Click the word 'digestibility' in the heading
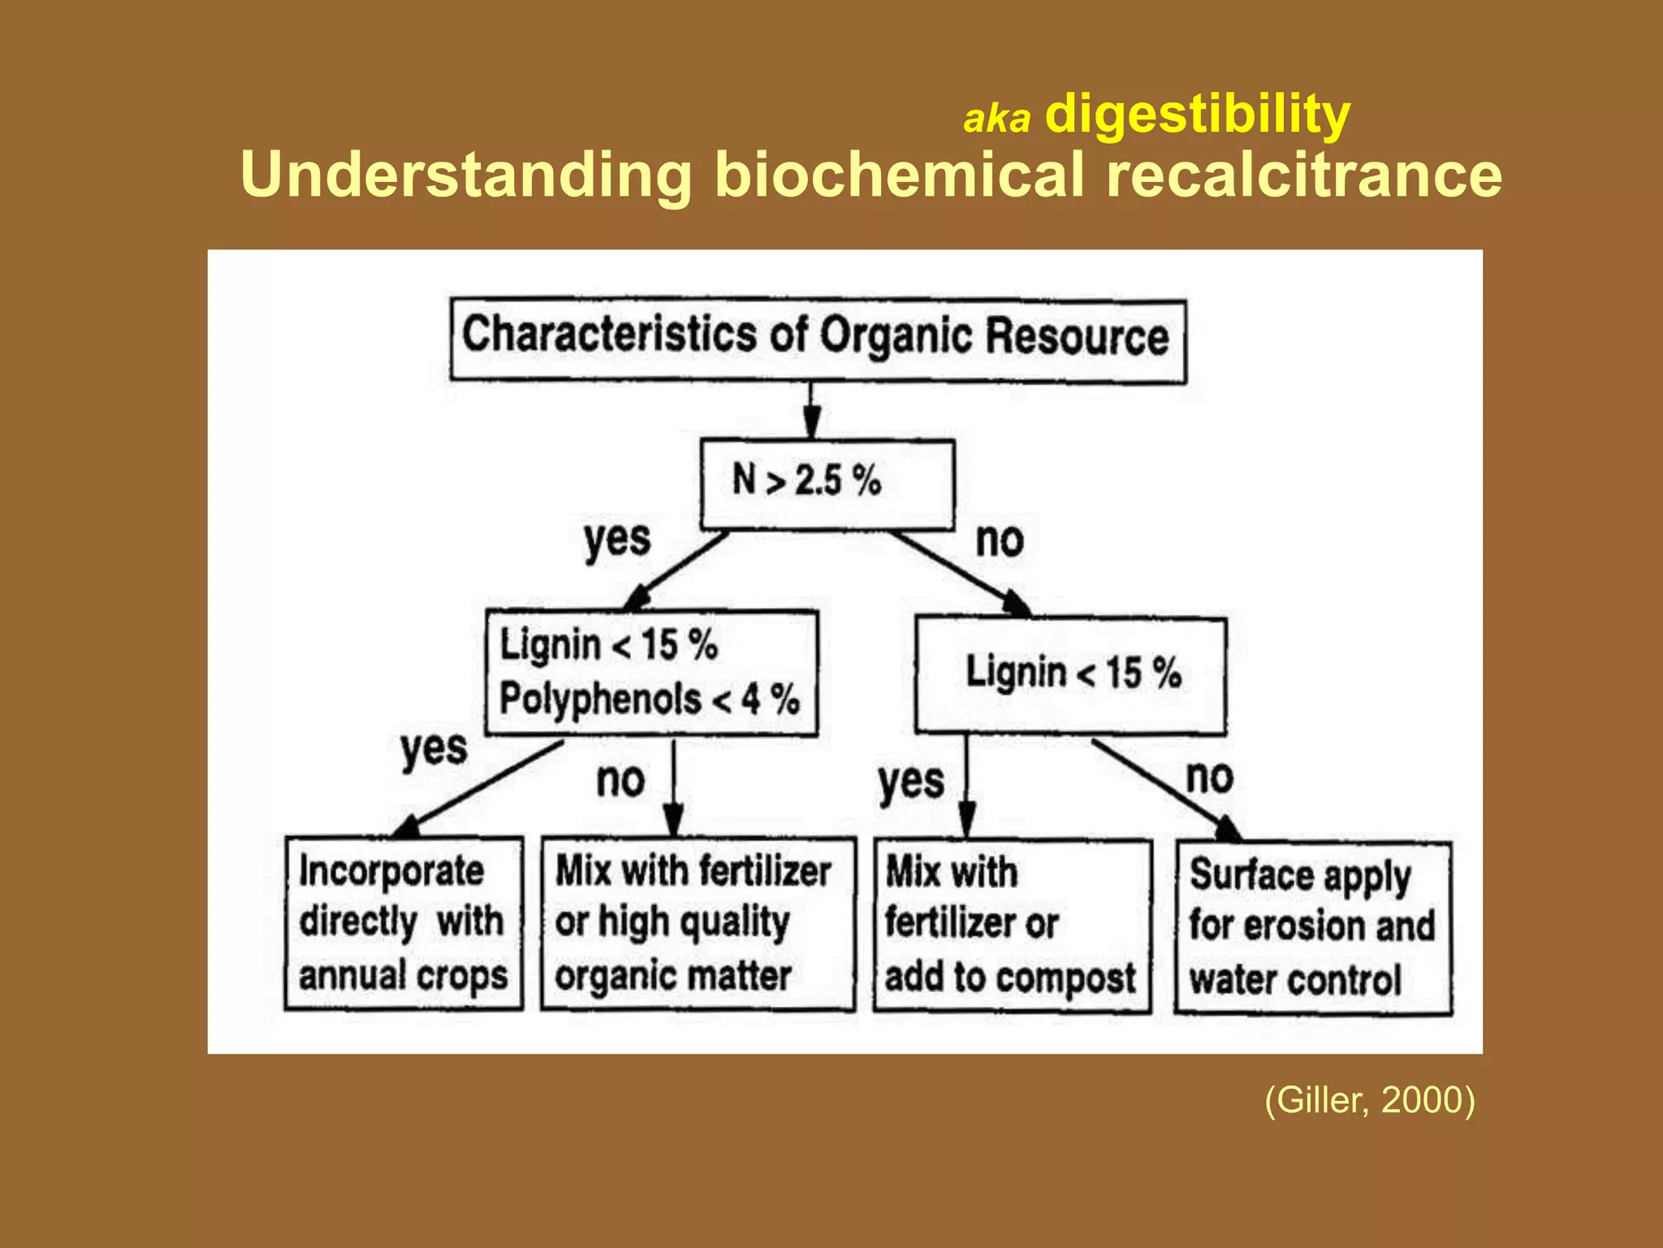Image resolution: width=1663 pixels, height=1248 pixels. pyautogui.click(x=1197, y=115)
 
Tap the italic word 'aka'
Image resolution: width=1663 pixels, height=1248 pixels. pyautogui.click(x=996, y=119)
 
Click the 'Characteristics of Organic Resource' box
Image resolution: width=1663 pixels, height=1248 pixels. pyautogui.click(x=818, y=340)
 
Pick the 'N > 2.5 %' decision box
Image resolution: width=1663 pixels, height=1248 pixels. pyautogui.click(x=827, y=484)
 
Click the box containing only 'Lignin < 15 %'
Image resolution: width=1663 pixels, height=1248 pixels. pyautogui.click(x=1070, y=674)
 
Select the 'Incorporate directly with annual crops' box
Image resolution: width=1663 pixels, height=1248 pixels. pyautogui.click(x=404, y=923)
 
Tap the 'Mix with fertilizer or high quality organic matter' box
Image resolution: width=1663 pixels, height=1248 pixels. pyautogui.click(x=698, y=924)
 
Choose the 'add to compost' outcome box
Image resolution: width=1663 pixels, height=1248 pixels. pyautogui.click(x=1012, y=925)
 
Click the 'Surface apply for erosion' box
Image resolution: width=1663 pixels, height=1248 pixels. pyautogui.click(x=1312, y=927)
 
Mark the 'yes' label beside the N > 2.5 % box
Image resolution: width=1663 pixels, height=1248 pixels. pyautogui.click(x=617, y=539)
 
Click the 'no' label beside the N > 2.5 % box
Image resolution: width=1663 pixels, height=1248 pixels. pyautogui.click(x=1000, y=539)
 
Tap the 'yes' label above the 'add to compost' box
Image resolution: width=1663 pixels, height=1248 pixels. pyautogui.click(x=911, y=782)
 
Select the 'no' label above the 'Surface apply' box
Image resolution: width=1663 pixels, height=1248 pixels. pyautogui.click(x=1209, y=777)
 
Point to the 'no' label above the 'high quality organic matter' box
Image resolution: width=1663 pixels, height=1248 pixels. pyautogui.click(x=620, y=780)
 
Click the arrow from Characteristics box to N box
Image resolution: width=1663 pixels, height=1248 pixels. pyautogui.click(x=810, y=411)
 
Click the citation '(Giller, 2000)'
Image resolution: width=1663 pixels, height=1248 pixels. pyautogui.click(x=1369, y=1100)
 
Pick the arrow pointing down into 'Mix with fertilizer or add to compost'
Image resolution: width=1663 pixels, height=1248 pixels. pyautogui.click(x=966, y=788)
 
